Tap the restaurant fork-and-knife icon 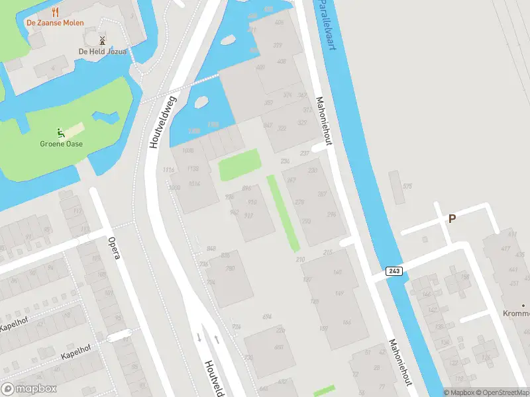click(x=55, y=11)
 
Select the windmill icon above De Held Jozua click(x=102, y=41)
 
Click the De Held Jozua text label click(x=102, y=52)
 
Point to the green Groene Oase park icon click(x=61, y=132)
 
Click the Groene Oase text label click(x=61, y=143)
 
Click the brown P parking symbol click(x=452, y=219)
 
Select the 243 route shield click(x=394, y=271)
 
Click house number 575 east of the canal click(x=407, y=186)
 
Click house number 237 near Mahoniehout click(x=305, y=154)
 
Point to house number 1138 click(x=193, y=169)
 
